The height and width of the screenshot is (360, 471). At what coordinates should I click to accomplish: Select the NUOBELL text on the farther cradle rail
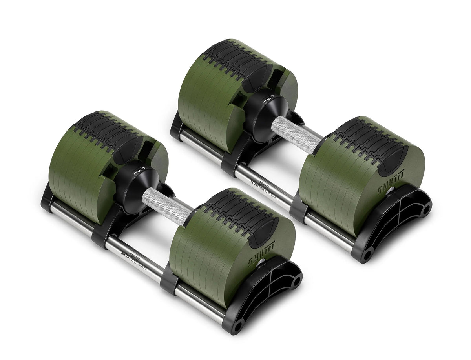tap(259, 182)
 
